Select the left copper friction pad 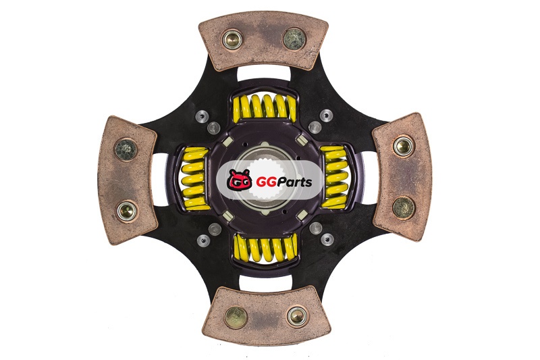click(127, 180)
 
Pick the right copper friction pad click(403, 178)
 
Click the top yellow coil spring click(265, 107)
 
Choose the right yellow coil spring click(334, 177)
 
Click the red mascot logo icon click(239, 180)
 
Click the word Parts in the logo click(294, 182)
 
